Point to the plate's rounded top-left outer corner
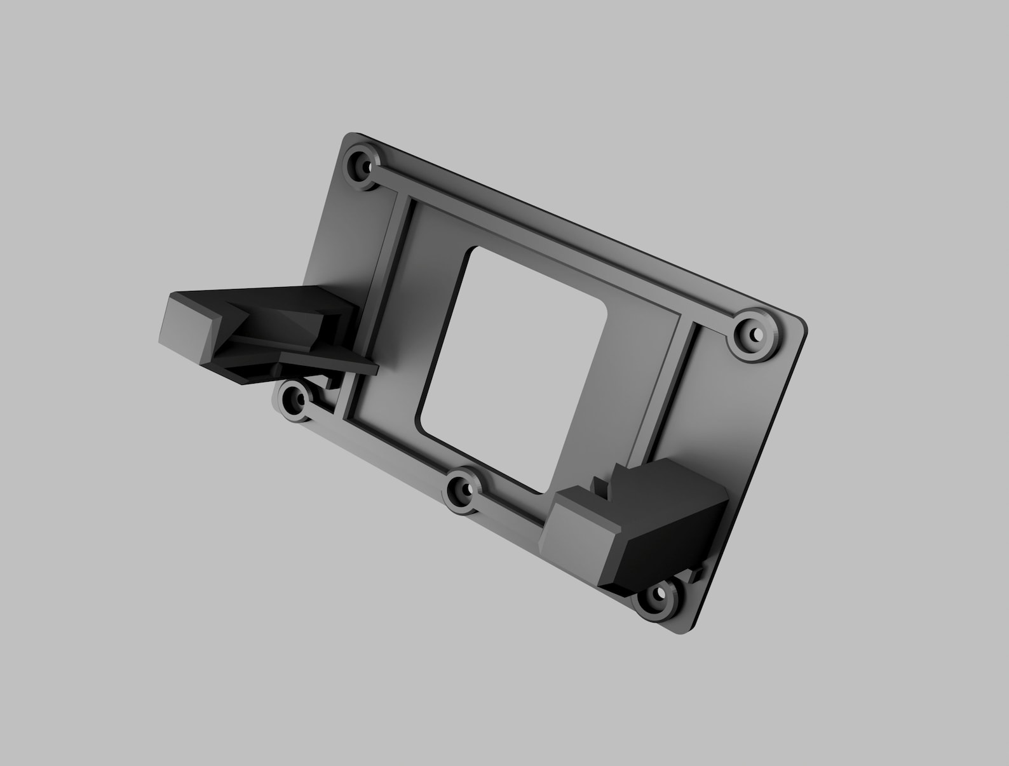pos(347,138)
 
